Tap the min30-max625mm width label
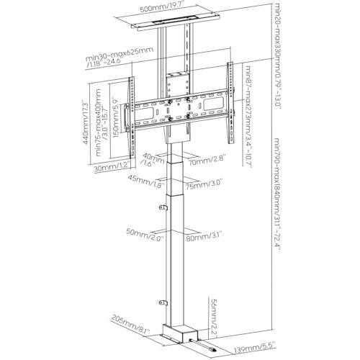[x=120, y=55]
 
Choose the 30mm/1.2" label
[x=112, y=167]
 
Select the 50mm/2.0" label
[x=145, y=235]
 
